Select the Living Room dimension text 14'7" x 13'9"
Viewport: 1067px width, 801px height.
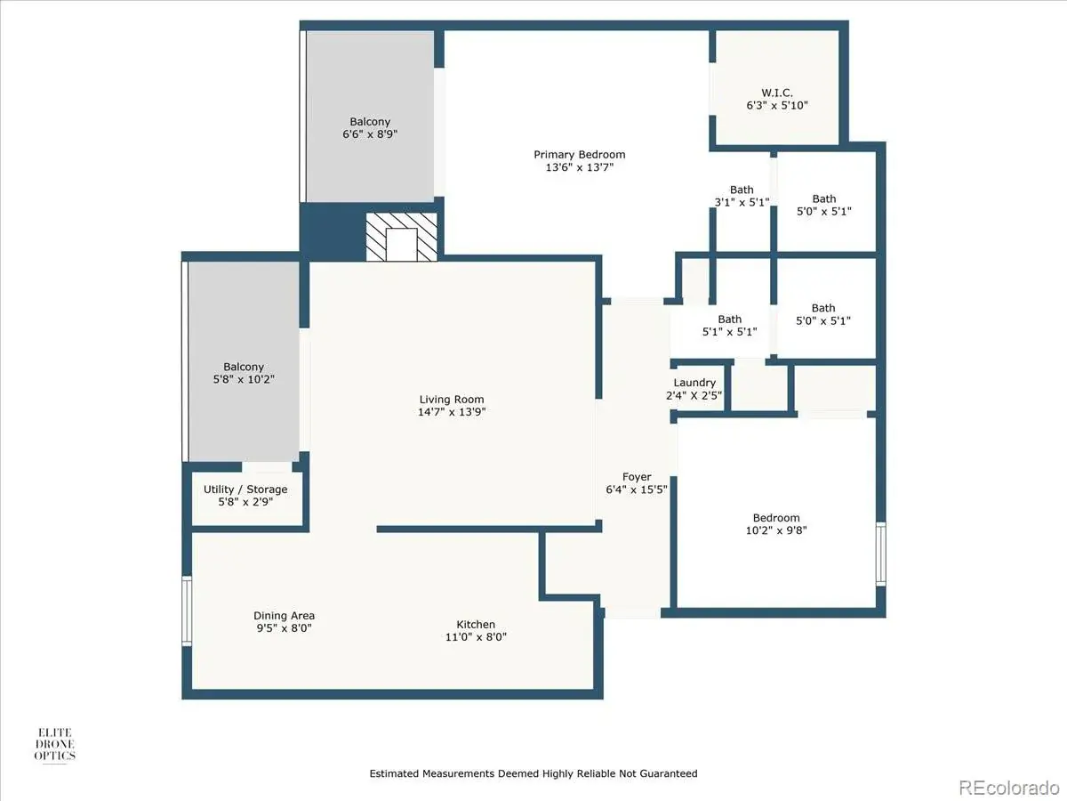[452, 412]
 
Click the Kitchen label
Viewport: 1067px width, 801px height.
[476, 624]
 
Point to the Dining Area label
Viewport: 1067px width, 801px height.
[284, 616]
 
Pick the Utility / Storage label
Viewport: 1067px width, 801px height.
[245, 489]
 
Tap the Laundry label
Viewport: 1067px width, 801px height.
[694, 383]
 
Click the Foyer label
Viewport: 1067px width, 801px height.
[637, 477]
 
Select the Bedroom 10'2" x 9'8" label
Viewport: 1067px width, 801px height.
[776, 524]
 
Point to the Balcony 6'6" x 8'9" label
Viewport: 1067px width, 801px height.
[370, 128]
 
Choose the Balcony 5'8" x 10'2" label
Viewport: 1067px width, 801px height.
[244, 373]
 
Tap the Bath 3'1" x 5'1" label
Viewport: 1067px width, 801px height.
[742, 196]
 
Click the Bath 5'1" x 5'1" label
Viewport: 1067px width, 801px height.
[730, 326]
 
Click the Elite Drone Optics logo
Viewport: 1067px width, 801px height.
[55, 745]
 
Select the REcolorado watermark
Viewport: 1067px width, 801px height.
[1008, 787]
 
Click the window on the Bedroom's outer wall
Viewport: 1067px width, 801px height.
[881, 554]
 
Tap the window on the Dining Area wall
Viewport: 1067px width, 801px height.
[187, 611]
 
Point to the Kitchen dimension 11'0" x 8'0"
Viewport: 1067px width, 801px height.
[476, 636]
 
